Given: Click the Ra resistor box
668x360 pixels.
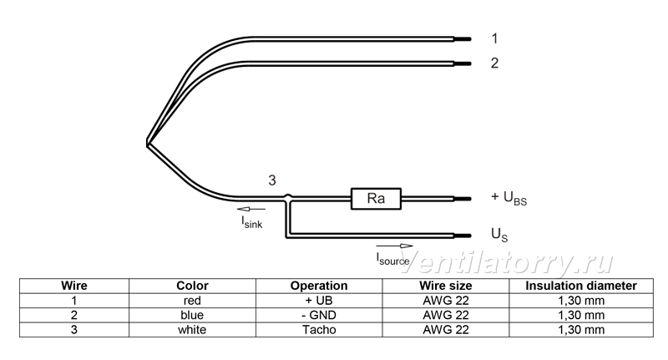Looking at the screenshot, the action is click(376, 199).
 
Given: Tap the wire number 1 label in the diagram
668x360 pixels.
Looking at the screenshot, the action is click(494, 38).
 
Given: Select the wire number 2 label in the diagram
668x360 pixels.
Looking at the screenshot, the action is click(494, 63).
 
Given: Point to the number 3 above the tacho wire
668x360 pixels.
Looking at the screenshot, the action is click(272, 180).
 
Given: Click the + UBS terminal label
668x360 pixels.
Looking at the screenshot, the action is click(509, 198).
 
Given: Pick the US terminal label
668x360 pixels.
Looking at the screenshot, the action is click(499, 235).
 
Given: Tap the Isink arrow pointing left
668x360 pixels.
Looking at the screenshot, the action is click(251, 209).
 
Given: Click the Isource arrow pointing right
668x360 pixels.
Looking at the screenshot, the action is click(394, 246).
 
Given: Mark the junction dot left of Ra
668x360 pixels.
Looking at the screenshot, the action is click(288, 198).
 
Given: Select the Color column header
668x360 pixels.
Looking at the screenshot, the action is click(192, 286).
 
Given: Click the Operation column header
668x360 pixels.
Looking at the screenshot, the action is click(319, 286).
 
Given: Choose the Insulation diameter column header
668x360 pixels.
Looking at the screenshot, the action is click(581, 286).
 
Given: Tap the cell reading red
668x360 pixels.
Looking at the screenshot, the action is click(192, 301).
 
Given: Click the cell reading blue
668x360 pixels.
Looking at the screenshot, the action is click(192, 315).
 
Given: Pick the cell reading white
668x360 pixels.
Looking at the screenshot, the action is click(192, 330).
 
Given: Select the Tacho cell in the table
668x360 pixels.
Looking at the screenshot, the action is click(319, 330).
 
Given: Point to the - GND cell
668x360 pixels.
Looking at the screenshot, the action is click(319, 315).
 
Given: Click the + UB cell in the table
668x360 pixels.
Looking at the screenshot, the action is click(319, 301).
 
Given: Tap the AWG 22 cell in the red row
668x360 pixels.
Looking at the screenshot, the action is click(446, 301).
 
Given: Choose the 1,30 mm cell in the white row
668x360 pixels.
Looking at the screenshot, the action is click(581, 330).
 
